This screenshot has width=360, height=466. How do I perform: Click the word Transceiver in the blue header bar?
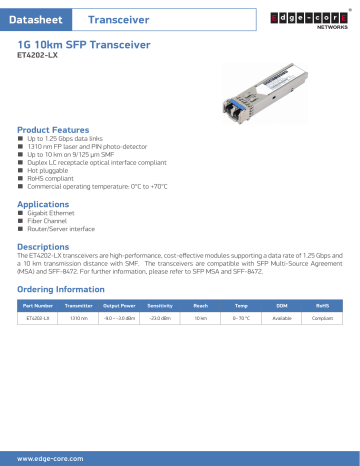pos(118,19)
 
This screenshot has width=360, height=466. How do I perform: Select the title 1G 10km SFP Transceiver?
pos(84,47)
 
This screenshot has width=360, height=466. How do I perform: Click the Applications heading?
pos(49,203)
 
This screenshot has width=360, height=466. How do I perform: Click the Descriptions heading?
pos(50,245)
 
